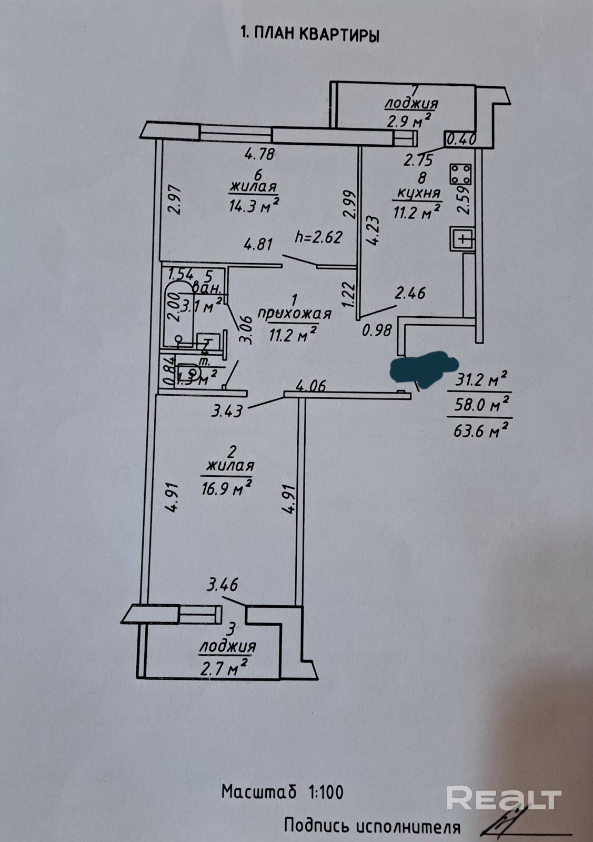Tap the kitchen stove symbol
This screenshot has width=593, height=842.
461,174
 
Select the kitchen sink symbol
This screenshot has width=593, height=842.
463,240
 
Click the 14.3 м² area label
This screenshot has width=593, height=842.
254,205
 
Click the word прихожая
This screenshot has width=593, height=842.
294,314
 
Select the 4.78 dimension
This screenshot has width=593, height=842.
260,155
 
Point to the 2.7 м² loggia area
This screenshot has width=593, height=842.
224,669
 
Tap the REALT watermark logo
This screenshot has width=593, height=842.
503,798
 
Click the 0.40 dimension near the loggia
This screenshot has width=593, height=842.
461,139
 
